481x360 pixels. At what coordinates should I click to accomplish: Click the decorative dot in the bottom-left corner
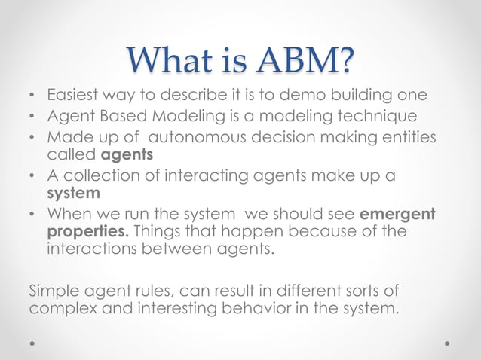[32, 342]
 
